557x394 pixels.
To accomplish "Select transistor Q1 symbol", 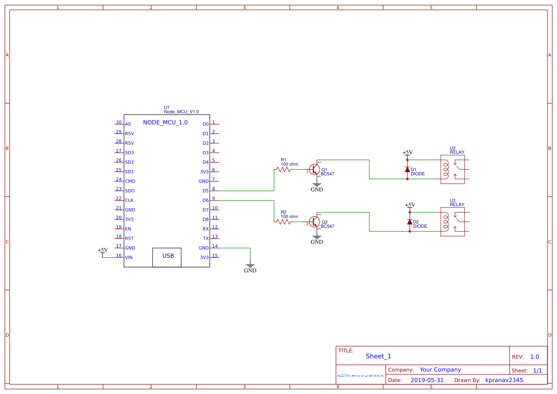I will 314,170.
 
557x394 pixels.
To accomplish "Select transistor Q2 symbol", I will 314,222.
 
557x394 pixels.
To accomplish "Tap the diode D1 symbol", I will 407,170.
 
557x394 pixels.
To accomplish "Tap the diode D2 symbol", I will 409,222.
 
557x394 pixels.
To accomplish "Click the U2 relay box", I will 455,169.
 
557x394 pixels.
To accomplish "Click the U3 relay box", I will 455,222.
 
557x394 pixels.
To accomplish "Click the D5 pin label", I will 205,191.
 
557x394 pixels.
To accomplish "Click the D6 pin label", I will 205,201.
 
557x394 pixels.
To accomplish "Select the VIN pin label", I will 129,258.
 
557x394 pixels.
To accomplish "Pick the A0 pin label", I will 128,124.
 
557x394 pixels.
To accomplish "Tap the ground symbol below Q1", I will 317,186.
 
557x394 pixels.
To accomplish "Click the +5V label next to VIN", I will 102,250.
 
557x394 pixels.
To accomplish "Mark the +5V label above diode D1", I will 407,152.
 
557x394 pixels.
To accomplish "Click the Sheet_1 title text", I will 378,356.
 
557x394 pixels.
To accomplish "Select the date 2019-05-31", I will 427,380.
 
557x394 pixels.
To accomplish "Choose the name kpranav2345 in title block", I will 504,380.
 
